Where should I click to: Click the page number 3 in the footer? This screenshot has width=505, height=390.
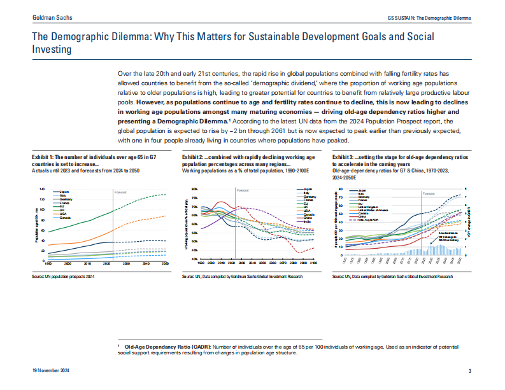[469, 371]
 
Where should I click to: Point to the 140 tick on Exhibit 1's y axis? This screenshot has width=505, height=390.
[42, 190]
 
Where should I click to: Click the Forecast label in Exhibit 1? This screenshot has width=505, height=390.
[121, 192]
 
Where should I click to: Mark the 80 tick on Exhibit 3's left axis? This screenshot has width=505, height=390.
[341, 190]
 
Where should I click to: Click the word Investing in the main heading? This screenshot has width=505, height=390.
[52, 49]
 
